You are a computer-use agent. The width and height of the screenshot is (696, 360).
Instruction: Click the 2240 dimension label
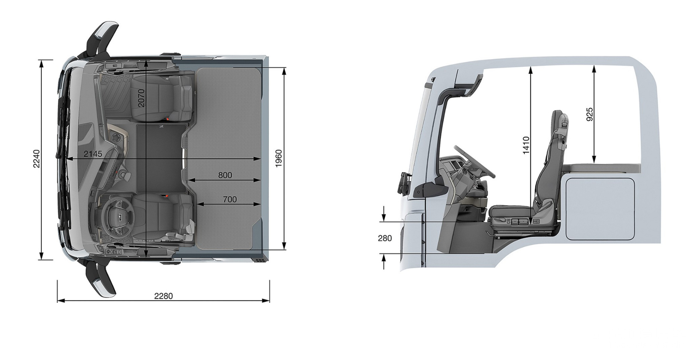tap(37, 159)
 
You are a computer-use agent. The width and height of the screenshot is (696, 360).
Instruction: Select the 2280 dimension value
tap(164, 296)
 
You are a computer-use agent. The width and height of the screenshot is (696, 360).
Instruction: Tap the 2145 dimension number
tap(93, 154)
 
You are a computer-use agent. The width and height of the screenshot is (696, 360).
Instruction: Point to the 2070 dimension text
tap(141, 98)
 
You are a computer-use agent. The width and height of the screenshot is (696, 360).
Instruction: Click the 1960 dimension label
tap(278, 159)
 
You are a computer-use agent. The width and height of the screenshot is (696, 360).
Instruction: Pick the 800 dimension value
tap(225, 175)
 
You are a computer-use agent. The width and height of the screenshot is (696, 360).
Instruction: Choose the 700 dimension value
tap(230, 199)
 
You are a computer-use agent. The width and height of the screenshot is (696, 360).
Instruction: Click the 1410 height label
tap(526, 145)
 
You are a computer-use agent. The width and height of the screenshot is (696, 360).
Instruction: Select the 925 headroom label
tap(590, 114)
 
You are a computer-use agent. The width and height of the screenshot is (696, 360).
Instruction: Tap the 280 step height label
tap(385, 238)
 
